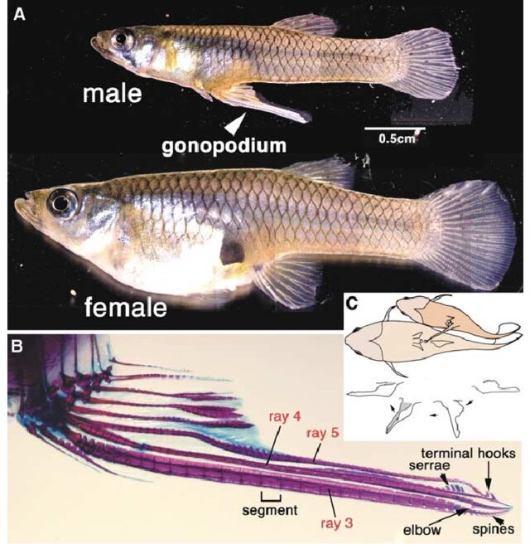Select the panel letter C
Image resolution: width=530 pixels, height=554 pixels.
click(351, 304)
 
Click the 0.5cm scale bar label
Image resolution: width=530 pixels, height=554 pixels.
click(395, 138)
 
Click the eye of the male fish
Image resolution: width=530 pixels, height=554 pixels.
click(123, 37)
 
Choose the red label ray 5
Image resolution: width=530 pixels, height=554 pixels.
click(323, 434)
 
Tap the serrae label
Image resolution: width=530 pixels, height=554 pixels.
click(436, 470)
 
